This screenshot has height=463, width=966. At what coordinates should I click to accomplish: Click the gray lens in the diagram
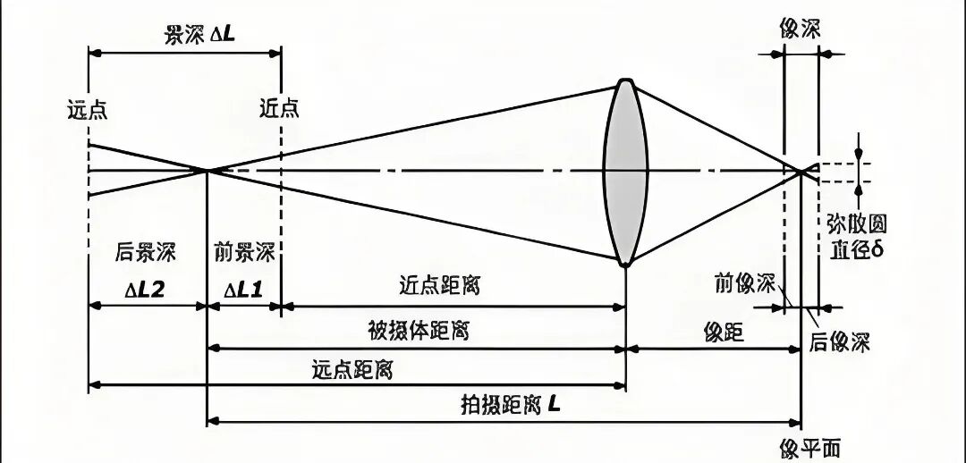coord(625,173)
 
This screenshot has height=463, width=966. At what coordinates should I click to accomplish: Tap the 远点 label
coord(87,110)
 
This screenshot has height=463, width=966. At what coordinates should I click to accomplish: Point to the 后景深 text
coord(147,252)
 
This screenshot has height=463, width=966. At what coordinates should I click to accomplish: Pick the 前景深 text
coord(244,252)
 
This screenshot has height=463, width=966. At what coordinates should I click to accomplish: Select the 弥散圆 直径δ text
coord(856,235)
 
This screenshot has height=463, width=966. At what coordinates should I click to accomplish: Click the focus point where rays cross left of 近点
coord(208,170)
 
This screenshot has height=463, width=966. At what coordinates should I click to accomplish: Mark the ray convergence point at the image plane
coord(801,170)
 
